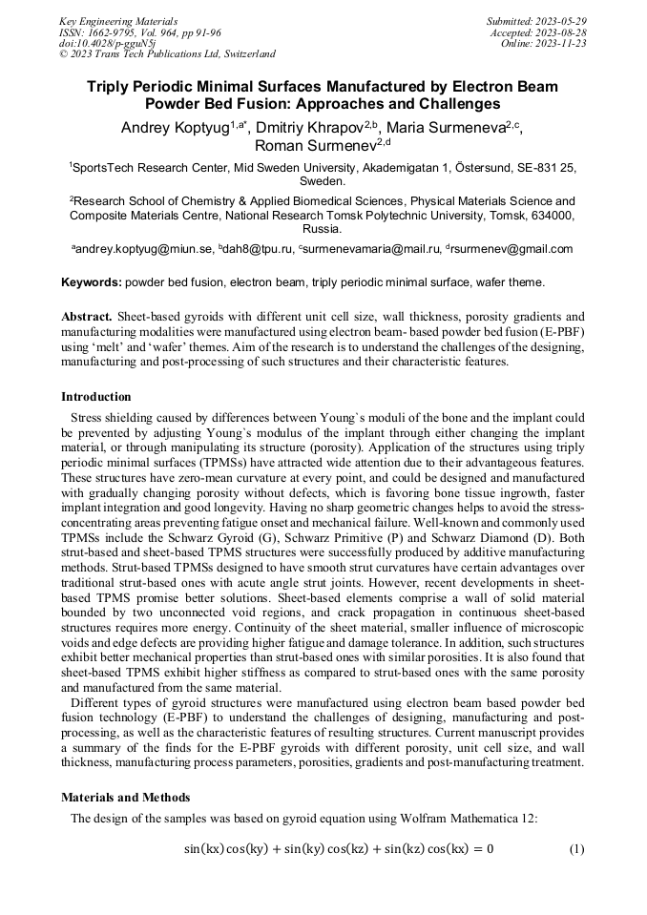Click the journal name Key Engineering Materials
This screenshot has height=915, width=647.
118,21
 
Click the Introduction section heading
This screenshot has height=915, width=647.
96,397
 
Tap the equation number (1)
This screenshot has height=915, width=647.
575,849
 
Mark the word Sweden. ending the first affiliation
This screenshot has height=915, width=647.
323,180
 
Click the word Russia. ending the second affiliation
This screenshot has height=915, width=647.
323,230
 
